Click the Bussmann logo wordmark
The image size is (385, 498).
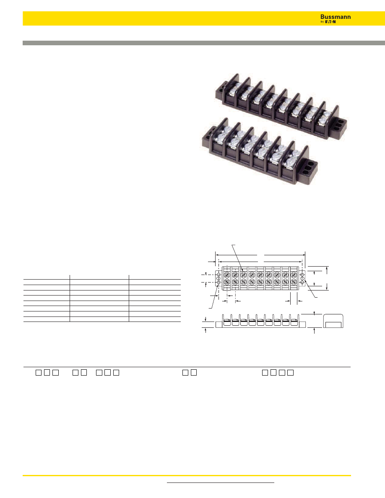(x=336, y=17)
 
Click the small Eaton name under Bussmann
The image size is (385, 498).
(x=330, y=22)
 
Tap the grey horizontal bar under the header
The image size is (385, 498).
(x=204, y=43)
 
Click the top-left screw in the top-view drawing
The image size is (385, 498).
(x=227, y=275)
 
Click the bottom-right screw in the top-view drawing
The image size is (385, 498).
(x=294, y=282)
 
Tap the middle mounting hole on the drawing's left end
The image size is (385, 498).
(x=219, y=278)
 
